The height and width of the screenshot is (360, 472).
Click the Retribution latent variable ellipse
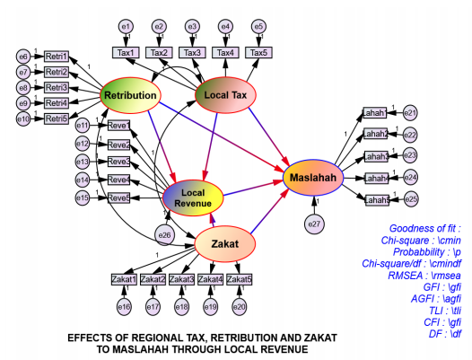(131, 96)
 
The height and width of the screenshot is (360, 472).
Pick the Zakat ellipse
(224, 242)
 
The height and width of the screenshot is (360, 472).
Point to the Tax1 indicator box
(127, 53)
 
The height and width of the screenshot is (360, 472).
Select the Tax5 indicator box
(258, 53)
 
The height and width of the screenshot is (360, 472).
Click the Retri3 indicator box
(57, 87)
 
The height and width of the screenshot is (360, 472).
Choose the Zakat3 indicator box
(182, 279)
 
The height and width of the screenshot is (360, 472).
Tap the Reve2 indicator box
(118, 144)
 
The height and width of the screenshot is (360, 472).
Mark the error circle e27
(314, 223)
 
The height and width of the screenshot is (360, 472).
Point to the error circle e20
(239, 308)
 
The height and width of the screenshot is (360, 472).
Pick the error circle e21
(410, 113)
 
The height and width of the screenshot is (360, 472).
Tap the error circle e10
(23, 119)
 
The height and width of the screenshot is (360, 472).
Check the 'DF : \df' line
(443, 334)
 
